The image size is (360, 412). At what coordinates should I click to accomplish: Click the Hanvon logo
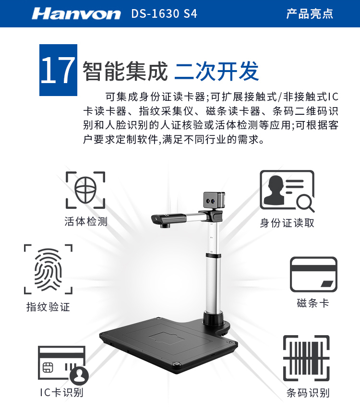point(76,14)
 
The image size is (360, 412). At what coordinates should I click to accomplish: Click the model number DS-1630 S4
point(164,14)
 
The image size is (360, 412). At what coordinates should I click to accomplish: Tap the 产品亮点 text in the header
point(310,13)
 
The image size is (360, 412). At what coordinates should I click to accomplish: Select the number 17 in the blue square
point(58,70)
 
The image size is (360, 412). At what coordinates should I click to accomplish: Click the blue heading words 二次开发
point(216,71)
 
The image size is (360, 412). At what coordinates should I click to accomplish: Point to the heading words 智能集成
point(125,71)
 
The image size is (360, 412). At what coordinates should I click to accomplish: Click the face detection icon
point(85,190)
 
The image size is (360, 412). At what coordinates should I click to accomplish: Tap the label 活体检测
point(86,221)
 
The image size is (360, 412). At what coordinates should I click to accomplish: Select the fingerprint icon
point(48,269)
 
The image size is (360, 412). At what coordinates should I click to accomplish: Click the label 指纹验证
point(48,307)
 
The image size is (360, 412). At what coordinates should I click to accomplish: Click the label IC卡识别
point(61,393)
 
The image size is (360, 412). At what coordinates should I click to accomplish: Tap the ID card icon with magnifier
point(287,191)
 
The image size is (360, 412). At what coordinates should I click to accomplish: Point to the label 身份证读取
point(287,223)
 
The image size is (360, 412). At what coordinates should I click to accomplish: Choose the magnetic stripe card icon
point(313,275)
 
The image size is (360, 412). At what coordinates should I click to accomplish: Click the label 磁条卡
point(313,303)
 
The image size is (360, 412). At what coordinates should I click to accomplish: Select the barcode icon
point(306,358)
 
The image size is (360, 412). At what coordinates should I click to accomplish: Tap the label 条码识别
point(308,393)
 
